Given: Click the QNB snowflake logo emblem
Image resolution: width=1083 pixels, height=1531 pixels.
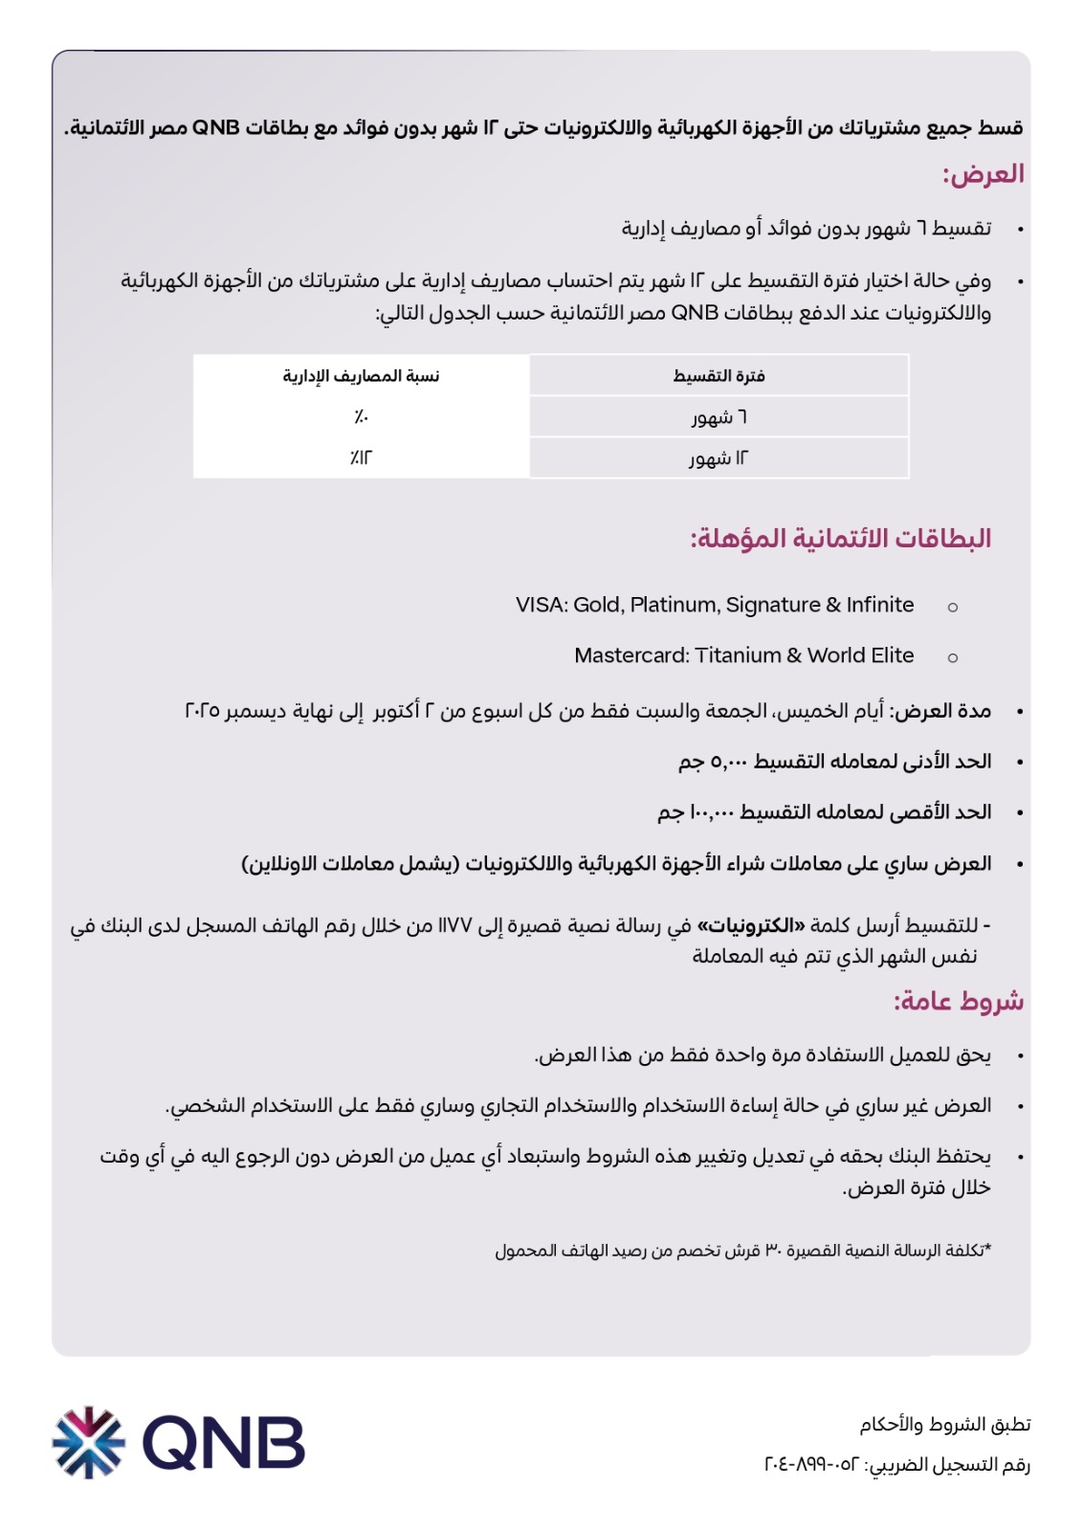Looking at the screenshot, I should coord(88,1442).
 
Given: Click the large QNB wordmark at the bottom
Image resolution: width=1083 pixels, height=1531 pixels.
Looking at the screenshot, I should coord(224,1442).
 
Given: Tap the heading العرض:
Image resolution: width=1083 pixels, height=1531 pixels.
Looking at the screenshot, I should coord(983,174).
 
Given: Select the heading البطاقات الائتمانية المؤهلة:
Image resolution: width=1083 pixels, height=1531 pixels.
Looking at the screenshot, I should coord(840,538).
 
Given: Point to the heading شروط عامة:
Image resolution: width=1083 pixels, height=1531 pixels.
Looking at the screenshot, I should coord(958,1001).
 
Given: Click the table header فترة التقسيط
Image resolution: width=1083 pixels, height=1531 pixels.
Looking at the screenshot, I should coord(718,376).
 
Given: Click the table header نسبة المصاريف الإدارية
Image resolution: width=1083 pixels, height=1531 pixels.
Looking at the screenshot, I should coord(361,376).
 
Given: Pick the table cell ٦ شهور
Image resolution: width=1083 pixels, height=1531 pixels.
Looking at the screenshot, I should coord(718,417).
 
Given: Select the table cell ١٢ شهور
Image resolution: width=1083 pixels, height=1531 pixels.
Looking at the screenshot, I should coord(718,458).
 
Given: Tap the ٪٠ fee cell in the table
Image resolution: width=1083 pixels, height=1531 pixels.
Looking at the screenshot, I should coord(361,417).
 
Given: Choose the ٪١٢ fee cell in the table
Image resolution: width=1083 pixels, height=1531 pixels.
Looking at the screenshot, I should coord(361,458).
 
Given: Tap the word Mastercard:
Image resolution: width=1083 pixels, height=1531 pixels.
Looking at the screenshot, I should coord(631,655).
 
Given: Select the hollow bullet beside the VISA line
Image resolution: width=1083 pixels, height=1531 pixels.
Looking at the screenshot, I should coord(952,607).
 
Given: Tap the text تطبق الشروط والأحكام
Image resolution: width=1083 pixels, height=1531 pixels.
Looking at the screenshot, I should coord(944,1425).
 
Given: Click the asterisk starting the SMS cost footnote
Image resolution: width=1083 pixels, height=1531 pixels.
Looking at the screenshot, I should coord(987,1249).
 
